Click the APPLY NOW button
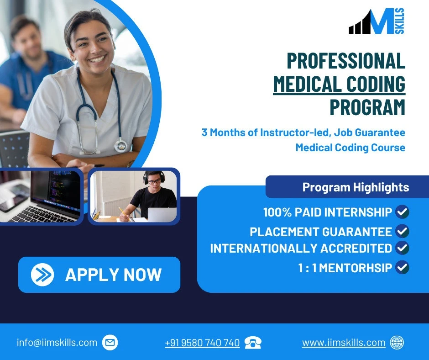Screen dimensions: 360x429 pyautogui.click(x=99, y=275)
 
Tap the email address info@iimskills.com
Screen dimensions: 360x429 pyautogui.click(x=57, y=342)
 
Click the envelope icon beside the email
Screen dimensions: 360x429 pyautogui.click(x=110, y=342)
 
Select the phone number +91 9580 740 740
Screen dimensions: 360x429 pyautogui.click(x=202, y=343)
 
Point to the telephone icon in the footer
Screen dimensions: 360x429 pyautogui.click(x=253, y=343)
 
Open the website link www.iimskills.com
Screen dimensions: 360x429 pyautogui.click(x=344, y=343)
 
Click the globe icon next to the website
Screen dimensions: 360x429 pyautogui.click(x=397, y=343)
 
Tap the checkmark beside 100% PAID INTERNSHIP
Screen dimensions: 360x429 pyautogui.click(x=402, y=212)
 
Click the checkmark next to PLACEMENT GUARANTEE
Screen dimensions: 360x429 pyautogui.click(x=402, y=231)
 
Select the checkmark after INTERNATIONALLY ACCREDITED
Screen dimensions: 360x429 pyautogui.click(x=402, y=248)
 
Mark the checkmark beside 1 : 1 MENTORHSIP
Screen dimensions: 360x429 pyautogui.click(x=402, y=267)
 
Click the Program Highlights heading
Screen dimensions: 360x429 pyautogui.click(x=356, y=187)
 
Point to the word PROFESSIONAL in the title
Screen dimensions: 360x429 pyautogui.click(x=345, y=61)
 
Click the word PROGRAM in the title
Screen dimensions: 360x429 pyautogui.click(x=367, y=107)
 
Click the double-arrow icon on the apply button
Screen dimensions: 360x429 pyautogui.click(x=42, y=275)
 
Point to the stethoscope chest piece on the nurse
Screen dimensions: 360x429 pyautogui.click(x=120, y=145)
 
